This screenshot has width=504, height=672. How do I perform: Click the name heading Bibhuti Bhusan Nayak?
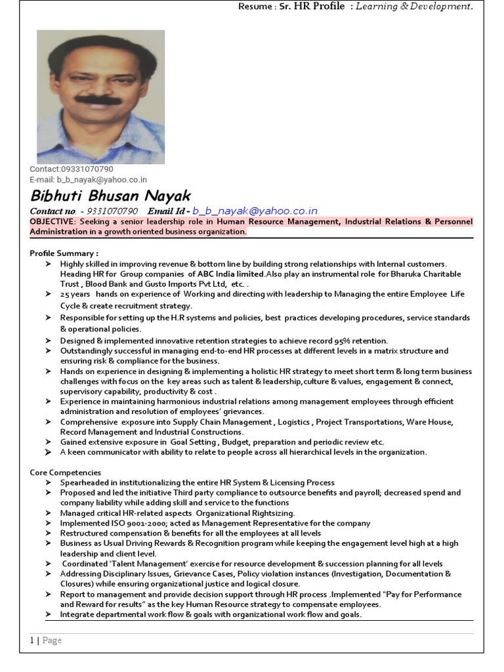pyautogui.click(x=110, y=196)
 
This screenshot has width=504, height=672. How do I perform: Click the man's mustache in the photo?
pyautogui.click(x=98, y=100)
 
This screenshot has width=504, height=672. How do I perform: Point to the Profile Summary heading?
pyautogui.click(x=64, y=253)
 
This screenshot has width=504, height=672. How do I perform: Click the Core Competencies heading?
pyautogui.click(x=65, y=472)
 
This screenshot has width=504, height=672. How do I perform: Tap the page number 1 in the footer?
pyautogui.click(x=31, y=640)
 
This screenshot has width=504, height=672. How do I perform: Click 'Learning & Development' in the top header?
pyautogui.click(x=413, y=7)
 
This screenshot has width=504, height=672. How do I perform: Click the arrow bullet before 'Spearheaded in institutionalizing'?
pyautogui.click(x=49, y=482)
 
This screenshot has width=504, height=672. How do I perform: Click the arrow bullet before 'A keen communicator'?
pyautogui.click(x=49, y=452)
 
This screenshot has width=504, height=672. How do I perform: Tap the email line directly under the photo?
pyautogui.click(x=88, y=180)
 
